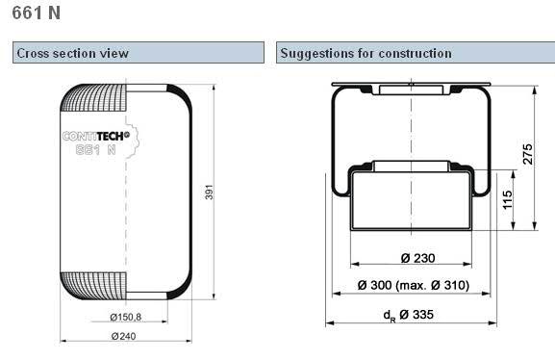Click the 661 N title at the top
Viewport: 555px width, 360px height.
coord(37,13)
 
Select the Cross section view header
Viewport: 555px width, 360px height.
coord(72,53)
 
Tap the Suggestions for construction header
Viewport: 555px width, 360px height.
coord(366,53)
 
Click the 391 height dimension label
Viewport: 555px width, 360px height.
coord(209,192)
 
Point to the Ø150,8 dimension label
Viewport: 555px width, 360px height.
coord(126,317)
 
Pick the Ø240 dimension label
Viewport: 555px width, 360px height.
coord(123,336)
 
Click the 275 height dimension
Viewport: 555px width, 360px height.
coord(527,154)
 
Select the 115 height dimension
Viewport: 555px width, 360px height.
coord(507,199)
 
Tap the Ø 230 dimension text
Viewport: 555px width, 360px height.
coord(417,258)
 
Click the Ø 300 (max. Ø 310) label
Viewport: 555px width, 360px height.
coord(414,285)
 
